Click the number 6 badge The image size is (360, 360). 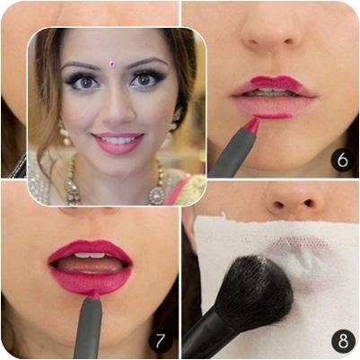click(x=343, y=161)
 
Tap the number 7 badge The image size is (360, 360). click(x=160, y=340)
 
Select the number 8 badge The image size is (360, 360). click(x=343, y=341)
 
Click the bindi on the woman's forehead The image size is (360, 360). click(x=113, y=63)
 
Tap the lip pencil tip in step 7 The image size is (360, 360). click(x=92, y=294)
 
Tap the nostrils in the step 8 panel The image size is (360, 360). click(x=294, y=204)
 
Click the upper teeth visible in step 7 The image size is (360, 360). click(x=90, y=255)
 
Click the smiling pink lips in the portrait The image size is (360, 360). click(x=118, y=143)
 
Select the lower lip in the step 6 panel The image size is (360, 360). click(x=271, y=108)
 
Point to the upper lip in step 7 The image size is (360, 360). click(x=90, y=249)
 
